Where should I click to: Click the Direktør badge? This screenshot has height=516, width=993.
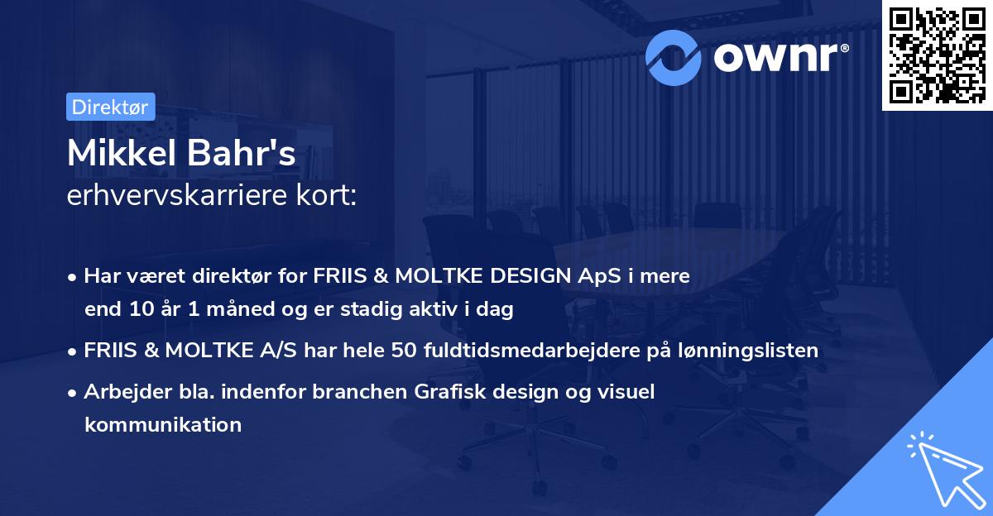[x=110, y=107]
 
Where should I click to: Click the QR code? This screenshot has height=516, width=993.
[x=937, y=55]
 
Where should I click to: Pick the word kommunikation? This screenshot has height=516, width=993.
[x=163, y=425]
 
